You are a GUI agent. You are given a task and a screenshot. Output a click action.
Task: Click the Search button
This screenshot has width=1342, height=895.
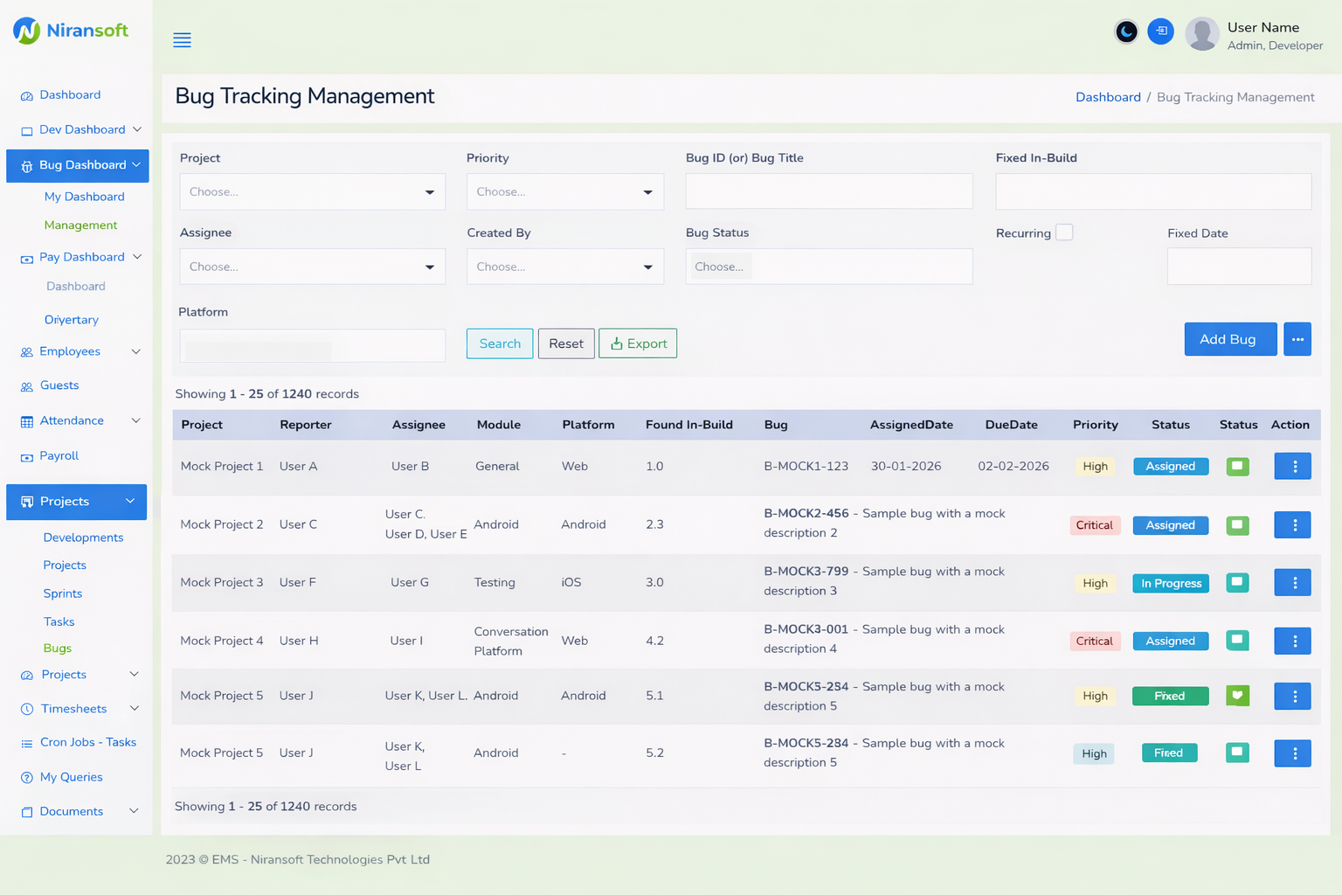click(499, 343)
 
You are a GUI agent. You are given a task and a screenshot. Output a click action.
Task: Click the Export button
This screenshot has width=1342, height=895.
click(638, 343)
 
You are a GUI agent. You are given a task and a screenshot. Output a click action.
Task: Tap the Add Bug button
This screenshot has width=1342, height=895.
click(1229, 339)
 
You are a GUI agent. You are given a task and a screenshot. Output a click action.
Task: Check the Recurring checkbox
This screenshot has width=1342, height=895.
click(1064, 232)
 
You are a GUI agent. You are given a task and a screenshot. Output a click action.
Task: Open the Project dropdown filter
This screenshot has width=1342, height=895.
click(312, 192)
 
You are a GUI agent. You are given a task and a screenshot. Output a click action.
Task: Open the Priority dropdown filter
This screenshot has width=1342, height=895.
click(564, 192)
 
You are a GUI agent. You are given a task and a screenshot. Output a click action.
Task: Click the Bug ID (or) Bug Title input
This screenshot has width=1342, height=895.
click(828, 191)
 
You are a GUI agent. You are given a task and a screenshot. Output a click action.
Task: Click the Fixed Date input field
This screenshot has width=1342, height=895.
click(1238, 267)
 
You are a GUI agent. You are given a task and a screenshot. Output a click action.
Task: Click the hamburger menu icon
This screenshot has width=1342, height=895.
click(182, 40)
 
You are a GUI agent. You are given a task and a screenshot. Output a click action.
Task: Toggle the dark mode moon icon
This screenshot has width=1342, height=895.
click(1126, 32)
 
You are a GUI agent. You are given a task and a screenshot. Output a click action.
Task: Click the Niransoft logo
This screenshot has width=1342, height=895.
click(71, 31)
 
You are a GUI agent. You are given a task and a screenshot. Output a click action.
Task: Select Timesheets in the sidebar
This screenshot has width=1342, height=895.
click(73, 709)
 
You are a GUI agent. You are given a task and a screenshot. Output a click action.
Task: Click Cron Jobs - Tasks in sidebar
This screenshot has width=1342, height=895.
click(87, 742)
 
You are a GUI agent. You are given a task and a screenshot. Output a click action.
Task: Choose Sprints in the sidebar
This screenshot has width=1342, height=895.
click(63, 593)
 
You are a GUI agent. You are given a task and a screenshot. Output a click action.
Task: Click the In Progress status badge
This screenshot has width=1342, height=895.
click(1170, 584)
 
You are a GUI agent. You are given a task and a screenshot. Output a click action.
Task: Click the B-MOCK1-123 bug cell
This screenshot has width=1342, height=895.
click(806, 467)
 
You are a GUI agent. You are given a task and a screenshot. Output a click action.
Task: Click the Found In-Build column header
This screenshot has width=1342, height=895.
click(688, 425)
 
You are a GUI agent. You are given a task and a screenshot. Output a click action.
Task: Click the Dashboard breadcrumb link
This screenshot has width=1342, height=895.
click(1107, 97)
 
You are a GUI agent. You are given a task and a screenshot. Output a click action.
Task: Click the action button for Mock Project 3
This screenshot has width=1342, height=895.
click(1292, 583)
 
